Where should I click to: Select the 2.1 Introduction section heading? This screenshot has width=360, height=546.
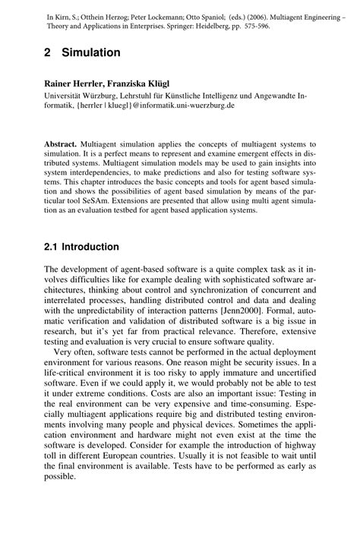(81, 247)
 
